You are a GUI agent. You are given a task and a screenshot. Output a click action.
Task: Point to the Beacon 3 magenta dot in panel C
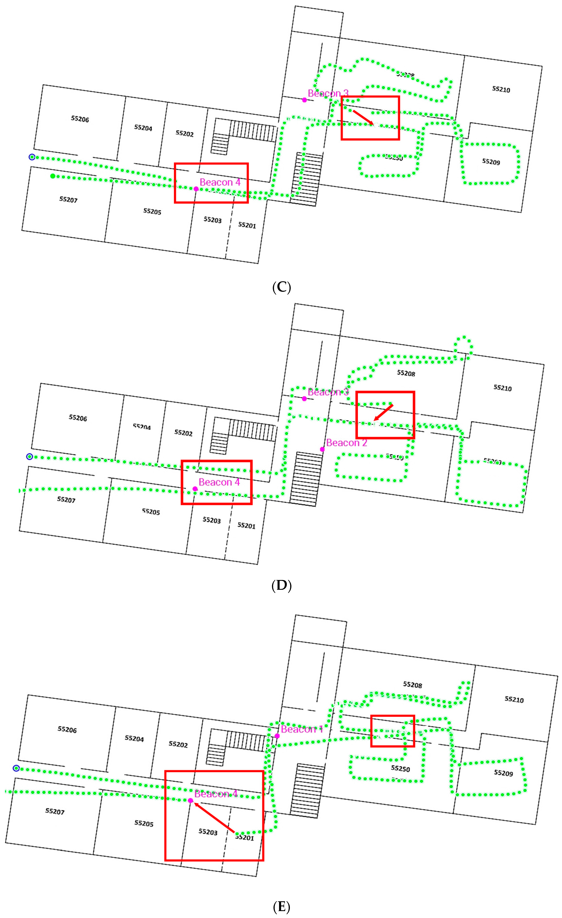point(304,100)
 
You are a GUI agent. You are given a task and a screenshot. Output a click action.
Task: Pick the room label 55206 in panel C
point(80,119)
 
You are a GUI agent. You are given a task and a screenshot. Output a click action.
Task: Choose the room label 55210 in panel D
point(502,388)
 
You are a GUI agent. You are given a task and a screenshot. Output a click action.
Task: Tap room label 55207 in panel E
point(55,811)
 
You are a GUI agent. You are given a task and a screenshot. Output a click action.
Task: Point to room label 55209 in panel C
point(491,162)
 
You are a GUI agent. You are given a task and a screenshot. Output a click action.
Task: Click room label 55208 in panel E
point(412,685)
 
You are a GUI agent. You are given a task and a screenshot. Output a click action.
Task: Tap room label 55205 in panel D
point(151,512)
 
